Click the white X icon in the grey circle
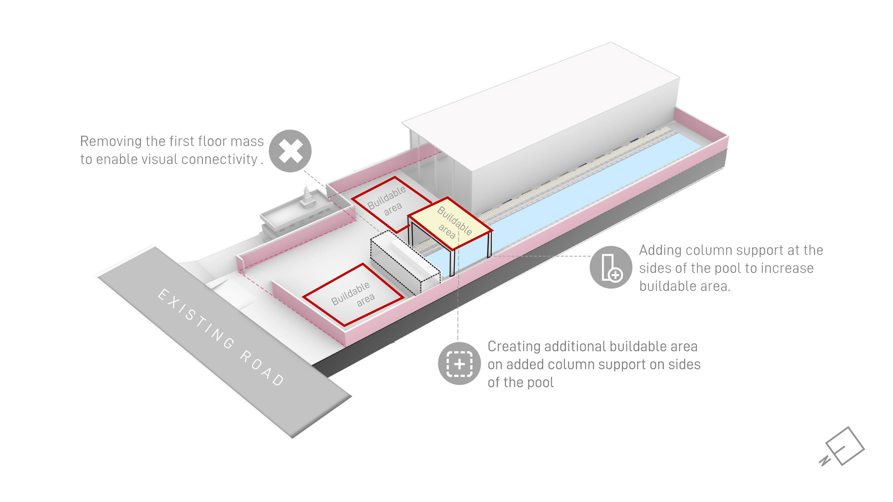click(290, 151)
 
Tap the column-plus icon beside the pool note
click(611, 267)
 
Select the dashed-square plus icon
click(459, 363)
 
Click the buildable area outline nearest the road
click(353, 295)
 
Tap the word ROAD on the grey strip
click(262, 368)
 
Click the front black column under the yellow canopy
click(451, 263)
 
